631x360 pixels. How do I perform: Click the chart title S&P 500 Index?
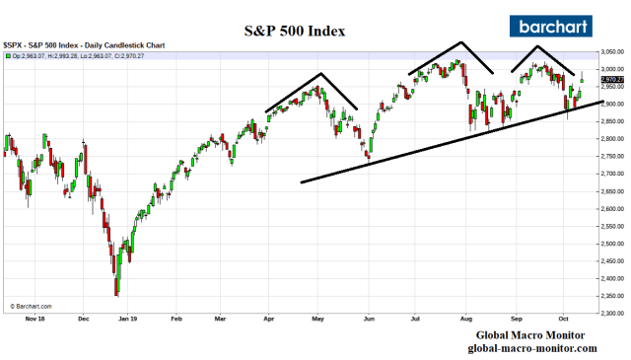(x=295, y=31)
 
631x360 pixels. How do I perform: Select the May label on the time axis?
(x=319, y=320)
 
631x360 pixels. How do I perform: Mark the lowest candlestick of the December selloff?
(x=116, y=292)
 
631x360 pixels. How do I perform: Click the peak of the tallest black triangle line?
(x=460, y=42)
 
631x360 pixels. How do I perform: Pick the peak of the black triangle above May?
(x=321, y=74)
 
